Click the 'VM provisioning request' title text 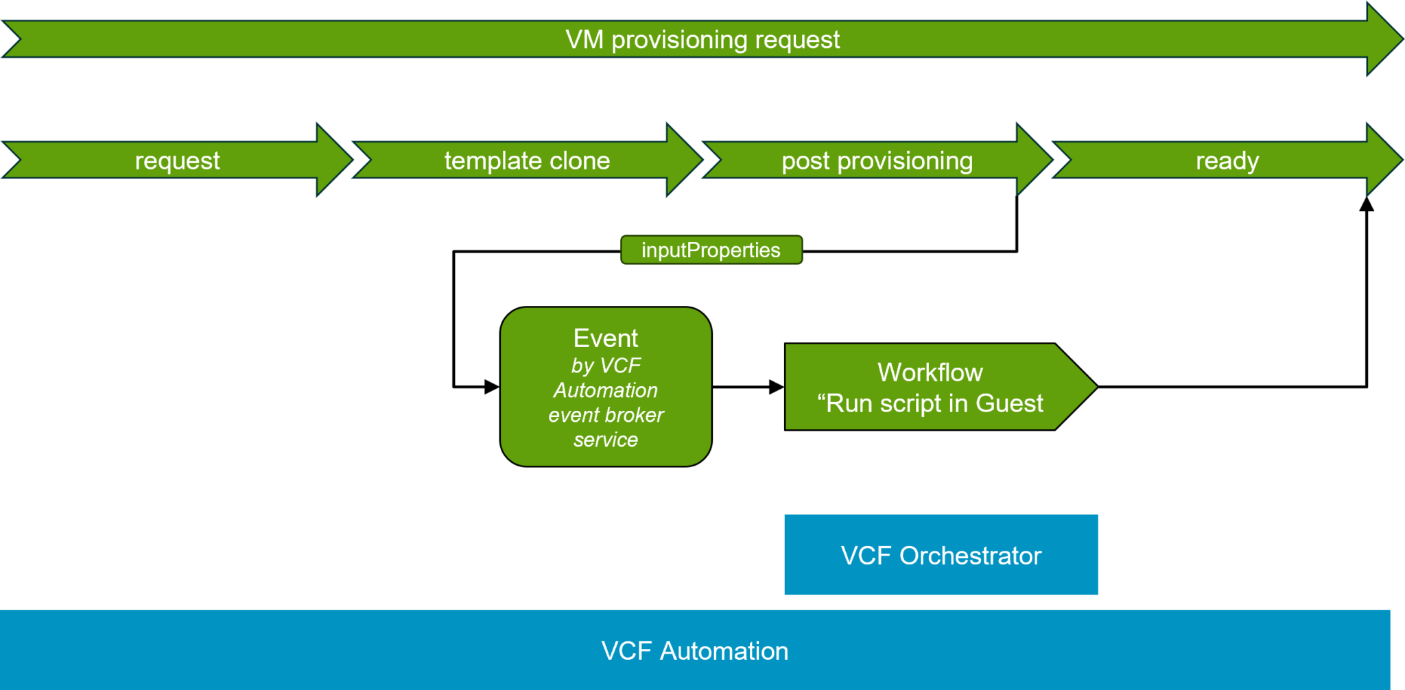[x=702, y=40]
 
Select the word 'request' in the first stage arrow [x=177, y=160]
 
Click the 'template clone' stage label [x=527, y=160]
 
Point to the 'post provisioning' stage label [x=877, y=160]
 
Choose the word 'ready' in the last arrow [x=1227, y=160]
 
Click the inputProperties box [x=711, y=250]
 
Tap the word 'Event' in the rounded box [x=606, y=338]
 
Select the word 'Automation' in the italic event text [x=606, y=390]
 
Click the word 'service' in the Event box [x=606, y=440]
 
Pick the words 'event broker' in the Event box [x=606, y=415]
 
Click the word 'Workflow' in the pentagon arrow [x=930, y=372]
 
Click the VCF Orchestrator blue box [x=941, y=555]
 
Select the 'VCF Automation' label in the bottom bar [x=694, y=651]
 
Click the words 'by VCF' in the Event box [x=606, y=366]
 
